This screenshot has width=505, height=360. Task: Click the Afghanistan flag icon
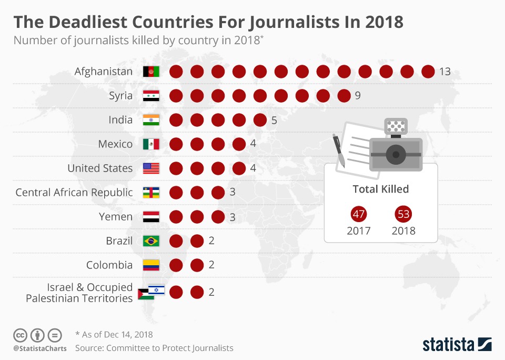coord(151,72)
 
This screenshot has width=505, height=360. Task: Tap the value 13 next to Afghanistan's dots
coord(445,72)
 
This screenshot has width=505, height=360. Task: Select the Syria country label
coord(120,96)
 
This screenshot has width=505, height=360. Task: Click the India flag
coord(151,120)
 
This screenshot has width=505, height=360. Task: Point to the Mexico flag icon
coord(151,144)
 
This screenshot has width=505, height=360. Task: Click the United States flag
coord(151,168)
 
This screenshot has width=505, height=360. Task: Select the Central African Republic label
coord(74,193)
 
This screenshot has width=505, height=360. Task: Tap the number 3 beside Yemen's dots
coord(233,217)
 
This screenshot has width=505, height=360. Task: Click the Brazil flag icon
coord(151,241)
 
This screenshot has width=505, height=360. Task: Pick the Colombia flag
coord(151,265)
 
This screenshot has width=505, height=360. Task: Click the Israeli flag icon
coord(157,289)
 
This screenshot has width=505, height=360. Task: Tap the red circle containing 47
coord(359,214)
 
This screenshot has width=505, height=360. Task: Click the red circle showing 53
coord(403,214)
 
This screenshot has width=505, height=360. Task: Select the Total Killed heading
coord(381,189)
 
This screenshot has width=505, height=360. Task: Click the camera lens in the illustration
coord(396,154)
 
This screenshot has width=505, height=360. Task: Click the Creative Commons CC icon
coord(21,335)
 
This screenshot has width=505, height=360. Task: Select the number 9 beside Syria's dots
coord(358,96)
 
